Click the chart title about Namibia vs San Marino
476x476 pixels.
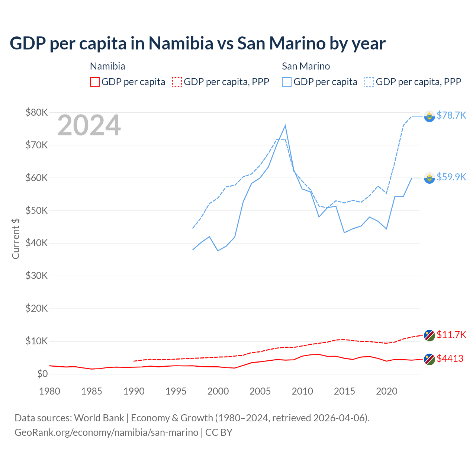point(197,44)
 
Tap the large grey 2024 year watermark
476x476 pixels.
point(89,126)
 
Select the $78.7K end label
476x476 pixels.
point(451,115)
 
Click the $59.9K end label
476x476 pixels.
point(451,177)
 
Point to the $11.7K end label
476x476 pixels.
point(451,335)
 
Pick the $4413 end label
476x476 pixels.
point(450,358)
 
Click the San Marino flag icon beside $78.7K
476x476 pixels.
point(430,116)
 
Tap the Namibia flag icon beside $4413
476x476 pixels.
point(430,359)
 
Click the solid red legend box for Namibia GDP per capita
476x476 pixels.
point(95,82)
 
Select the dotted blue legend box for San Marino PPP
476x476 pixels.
point(369,82)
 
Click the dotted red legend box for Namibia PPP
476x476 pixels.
point(177,82)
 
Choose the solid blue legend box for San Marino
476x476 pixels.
point(287,82)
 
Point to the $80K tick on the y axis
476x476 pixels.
point(36,112)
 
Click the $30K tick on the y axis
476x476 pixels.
point(36,276)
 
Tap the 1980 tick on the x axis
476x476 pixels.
point(49,391)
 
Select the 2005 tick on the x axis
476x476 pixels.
point(260,391)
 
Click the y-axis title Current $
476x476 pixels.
point(16,238)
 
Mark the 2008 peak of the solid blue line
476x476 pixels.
point(285,126)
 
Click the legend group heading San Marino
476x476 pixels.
point(306,66)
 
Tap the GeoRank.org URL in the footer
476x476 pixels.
point(106,432)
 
